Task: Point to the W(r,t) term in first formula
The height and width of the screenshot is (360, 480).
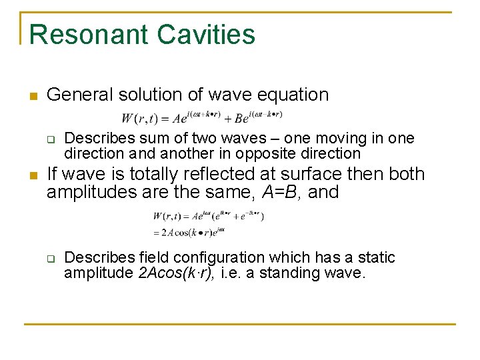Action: click(139, 119)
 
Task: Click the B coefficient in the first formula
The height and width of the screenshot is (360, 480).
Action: click(239, 119)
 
